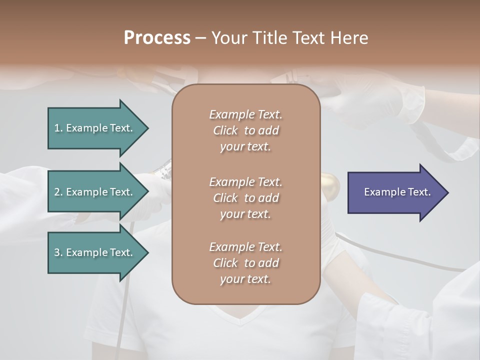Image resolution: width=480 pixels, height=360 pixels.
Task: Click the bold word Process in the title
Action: [x=157, y=38]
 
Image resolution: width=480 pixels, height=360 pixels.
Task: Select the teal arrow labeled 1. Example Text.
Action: [x=95, y=128]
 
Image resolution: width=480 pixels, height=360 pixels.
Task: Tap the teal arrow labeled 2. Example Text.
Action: [x=95, y=192]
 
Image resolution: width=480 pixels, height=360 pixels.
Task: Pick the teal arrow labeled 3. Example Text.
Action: [x=95, y=252]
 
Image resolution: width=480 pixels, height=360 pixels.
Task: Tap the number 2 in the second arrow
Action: [x=57, y=192]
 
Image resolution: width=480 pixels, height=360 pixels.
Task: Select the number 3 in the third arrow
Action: [x=57, y=252]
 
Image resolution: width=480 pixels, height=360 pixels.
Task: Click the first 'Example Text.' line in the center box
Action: [x=245, y=114]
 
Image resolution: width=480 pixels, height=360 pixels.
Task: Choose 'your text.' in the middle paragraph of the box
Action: [x=245, y=214]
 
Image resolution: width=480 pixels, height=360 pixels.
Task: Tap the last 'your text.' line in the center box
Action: [x=245, y=279]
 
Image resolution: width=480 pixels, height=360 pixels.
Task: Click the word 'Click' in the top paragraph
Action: [x=225, y=130]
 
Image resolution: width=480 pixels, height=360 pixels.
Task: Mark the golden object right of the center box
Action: [x=329, y=185]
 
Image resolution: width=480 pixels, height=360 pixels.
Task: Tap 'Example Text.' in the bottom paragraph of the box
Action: [x=245, y=247]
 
